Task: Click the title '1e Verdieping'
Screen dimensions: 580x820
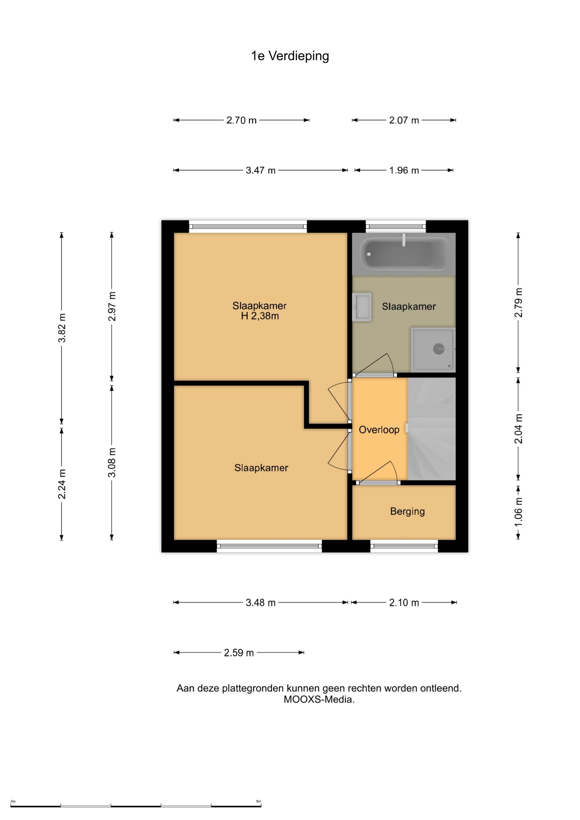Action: pos(290,56)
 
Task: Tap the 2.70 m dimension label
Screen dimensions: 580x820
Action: pos(241,120)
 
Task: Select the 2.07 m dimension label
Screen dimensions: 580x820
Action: pos(404,120)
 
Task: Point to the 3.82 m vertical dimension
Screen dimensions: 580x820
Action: pos(62,328)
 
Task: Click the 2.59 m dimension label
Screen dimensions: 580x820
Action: pos(239,653)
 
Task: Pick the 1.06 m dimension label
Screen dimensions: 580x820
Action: pos(518,512)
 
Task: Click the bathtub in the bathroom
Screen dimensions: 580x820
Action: pos(404,254)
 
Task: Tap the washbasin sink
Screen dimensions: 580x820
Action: pos(362,307)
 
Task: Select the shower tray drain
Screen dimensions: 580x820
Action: pos(439,349)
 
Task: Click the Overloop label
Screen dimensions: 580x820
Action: pos(379,430)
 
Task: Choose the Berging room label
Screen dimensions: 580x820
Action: pos(407,511)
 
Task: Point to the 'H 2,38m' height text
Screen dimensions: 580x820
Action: pos(260,316)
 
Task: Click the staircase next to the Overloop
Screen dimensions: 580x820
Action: pos(431,429)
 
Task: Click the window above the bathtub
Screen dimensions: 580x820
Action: pos(396,226)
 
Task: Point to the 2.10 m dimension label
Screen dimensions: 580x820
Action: pos(404,603)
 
